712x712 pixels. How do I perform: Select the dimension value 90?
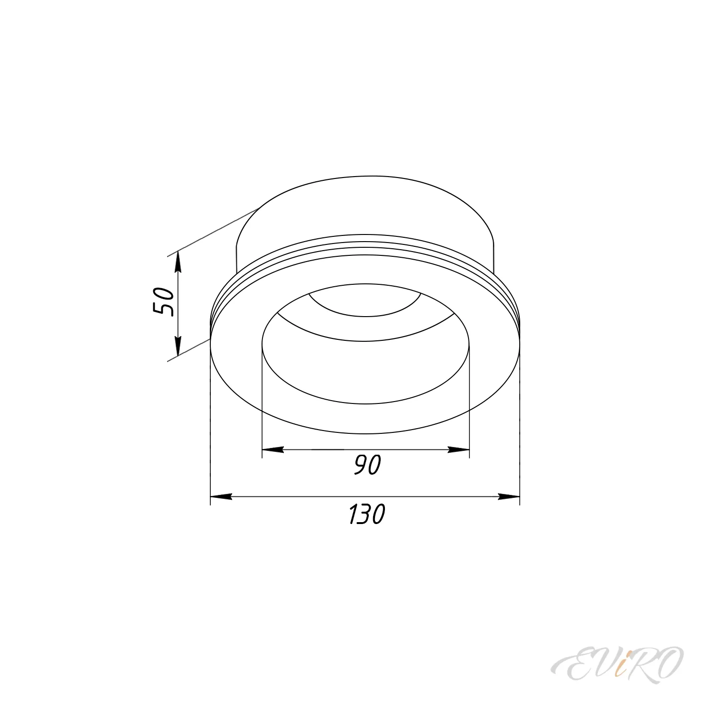click(x=367, y=465)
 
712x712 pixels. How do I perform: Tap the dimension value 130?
click(x=366, y=514)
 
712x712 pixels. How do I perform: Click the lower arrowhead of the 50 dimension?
click(x=178, y=346)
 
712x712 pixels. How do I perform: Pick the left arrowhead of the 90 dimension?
click(x=273, y=449)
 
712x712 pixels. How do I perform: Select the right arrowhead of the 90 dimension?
click(x=459, y=449)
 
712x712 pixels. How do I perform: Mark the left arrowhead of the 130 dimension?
click(x=221, y=497)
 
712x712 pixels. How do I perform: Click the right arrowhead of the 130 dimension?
click(x=509, y=497)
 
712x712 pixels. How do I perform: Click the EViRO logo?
click(x=618, y=665)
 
